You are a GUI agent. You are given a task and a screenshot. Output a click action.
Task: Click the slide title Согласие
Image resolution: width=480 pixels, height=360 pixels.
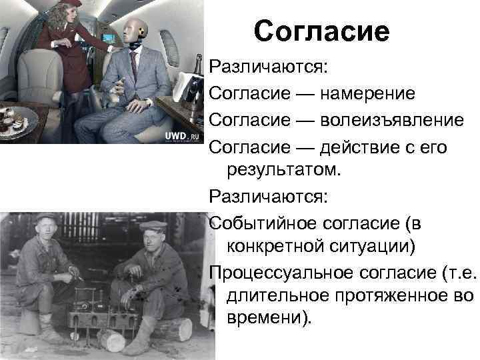tap(321, 31)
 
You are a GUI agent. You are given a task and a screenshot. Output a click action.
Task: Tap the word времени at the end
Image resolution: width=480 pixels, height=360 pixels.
tap(266, 319)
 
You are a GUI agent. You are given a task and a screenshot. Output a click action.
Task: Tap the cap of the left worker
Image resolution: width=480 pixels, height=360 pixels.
tap(47, 217)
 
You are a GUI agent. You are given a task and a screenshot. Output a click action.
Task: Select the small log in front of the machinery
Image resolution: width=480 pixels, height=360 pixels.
tap(110, 339)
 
